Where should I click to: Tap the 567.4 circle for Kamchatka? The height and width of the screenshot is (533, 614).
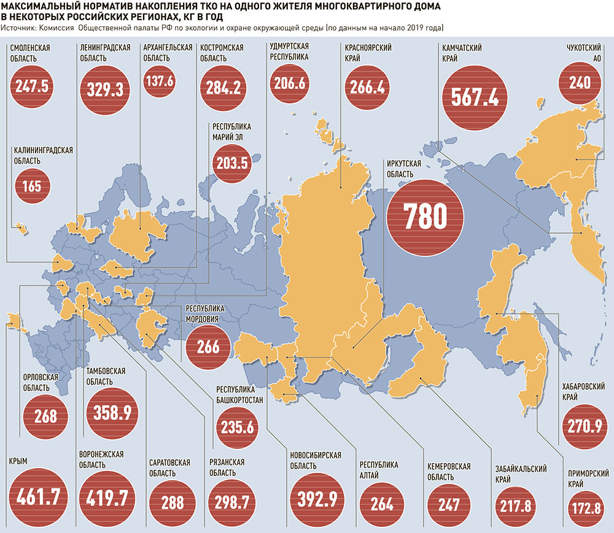point(476,96)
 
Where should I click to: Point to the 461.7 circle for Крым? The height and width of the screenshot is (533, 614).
point(37,498)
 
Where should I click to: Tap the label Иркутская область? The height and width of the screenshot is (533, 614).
point(403,169)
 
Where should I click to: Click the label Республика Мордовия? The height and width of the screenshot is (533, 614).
point(206,314)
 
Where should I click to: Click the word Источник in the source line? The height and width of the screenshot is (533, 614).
point(18,29)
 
